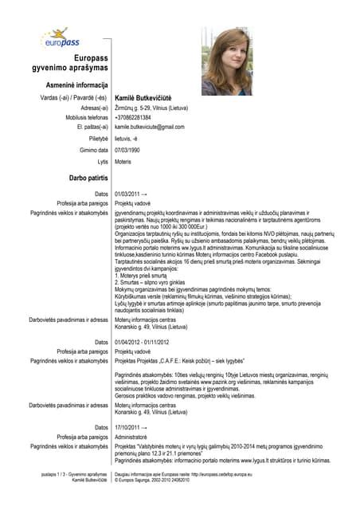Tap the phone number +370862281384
coord(133,117)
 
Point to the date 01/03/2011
coord(128,194)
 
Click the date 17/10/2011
coord(128,428)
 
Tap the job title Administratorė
coord(135,437)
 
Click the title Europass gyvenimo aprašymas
coord(74,65)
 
